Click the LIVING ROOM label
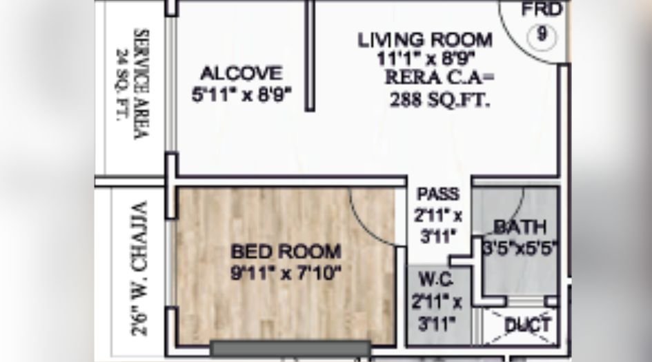(x=425, y=39)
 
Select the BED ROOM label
(x=286, y=251)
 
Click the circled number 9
(x=542, y=34)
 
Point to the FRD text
(x=542, y=10)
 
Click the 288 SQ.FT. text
(x=439, y=100)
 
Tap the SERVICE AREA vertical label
(x=141, y=83)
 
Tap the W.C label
(x=437, y=281)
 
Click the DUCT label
(x=528, y=324)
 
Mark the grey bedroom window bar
(x=290, y=348)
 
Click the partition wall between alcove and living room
(x=310, y=55)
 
